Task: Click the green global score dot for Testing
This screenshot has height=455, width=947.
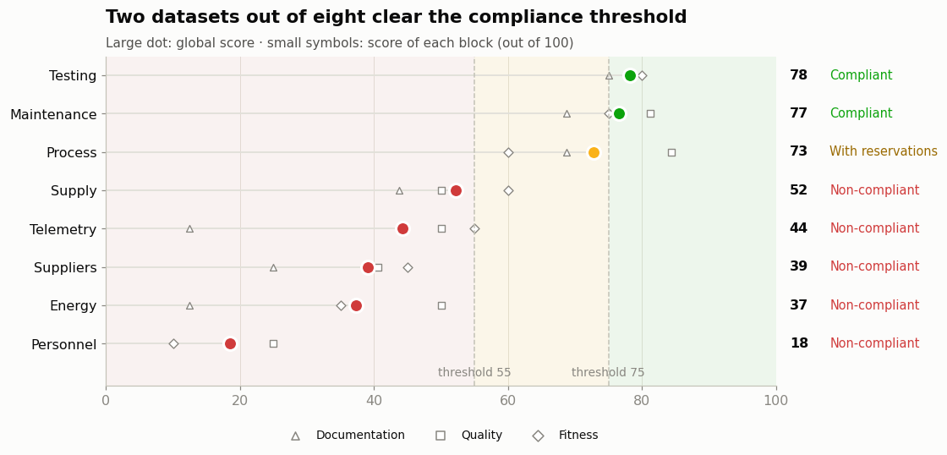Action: [x=630, y=75]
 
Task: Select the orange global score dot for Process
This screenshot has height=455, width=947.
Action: [x=594, y=152]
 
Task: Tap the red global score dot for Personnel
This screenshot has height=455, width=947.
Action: [x=230, y=344]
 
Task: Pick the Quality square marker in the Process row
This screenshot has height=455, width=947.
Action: [x=671, y=152]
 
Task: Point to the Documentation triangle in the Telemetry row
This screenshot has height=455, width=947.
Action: [x=189, y=229]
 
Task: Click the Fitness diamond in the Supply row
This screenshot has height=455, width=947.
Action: [x=508, y=191]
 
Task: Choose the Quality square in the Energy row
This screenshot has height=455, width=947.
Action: [x=441, y=306]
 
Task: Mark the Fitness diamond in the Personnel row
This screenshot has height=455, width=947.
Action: [x=173, y=344]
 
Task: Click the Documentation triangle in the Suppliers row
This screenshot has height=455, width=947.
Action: [x=274, y=268]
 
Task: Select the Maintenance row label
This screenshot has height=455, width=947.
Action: [x=53, y=114]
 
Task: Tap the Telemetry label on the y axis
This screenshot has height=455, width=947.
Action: [x=63, y=230]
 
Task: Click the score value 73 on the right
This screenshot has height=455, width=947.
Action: [x=798, y=151]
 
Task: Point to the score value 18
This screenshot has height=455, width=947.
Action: [x=799, y=343]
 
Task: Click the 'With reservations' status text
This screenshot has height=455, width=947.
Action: [x=884, y=151]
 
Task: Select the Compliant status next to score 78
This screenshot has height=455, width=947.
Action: [x=862, y=75]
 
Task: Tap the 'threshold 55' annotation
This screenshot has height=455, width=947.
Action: [x=474, y=372]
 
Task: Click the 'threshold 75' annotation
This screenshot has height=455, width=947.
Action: [x=608, y=372]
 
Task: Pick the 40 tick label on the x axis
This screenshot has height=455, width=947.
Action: [x=374, y=400]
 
